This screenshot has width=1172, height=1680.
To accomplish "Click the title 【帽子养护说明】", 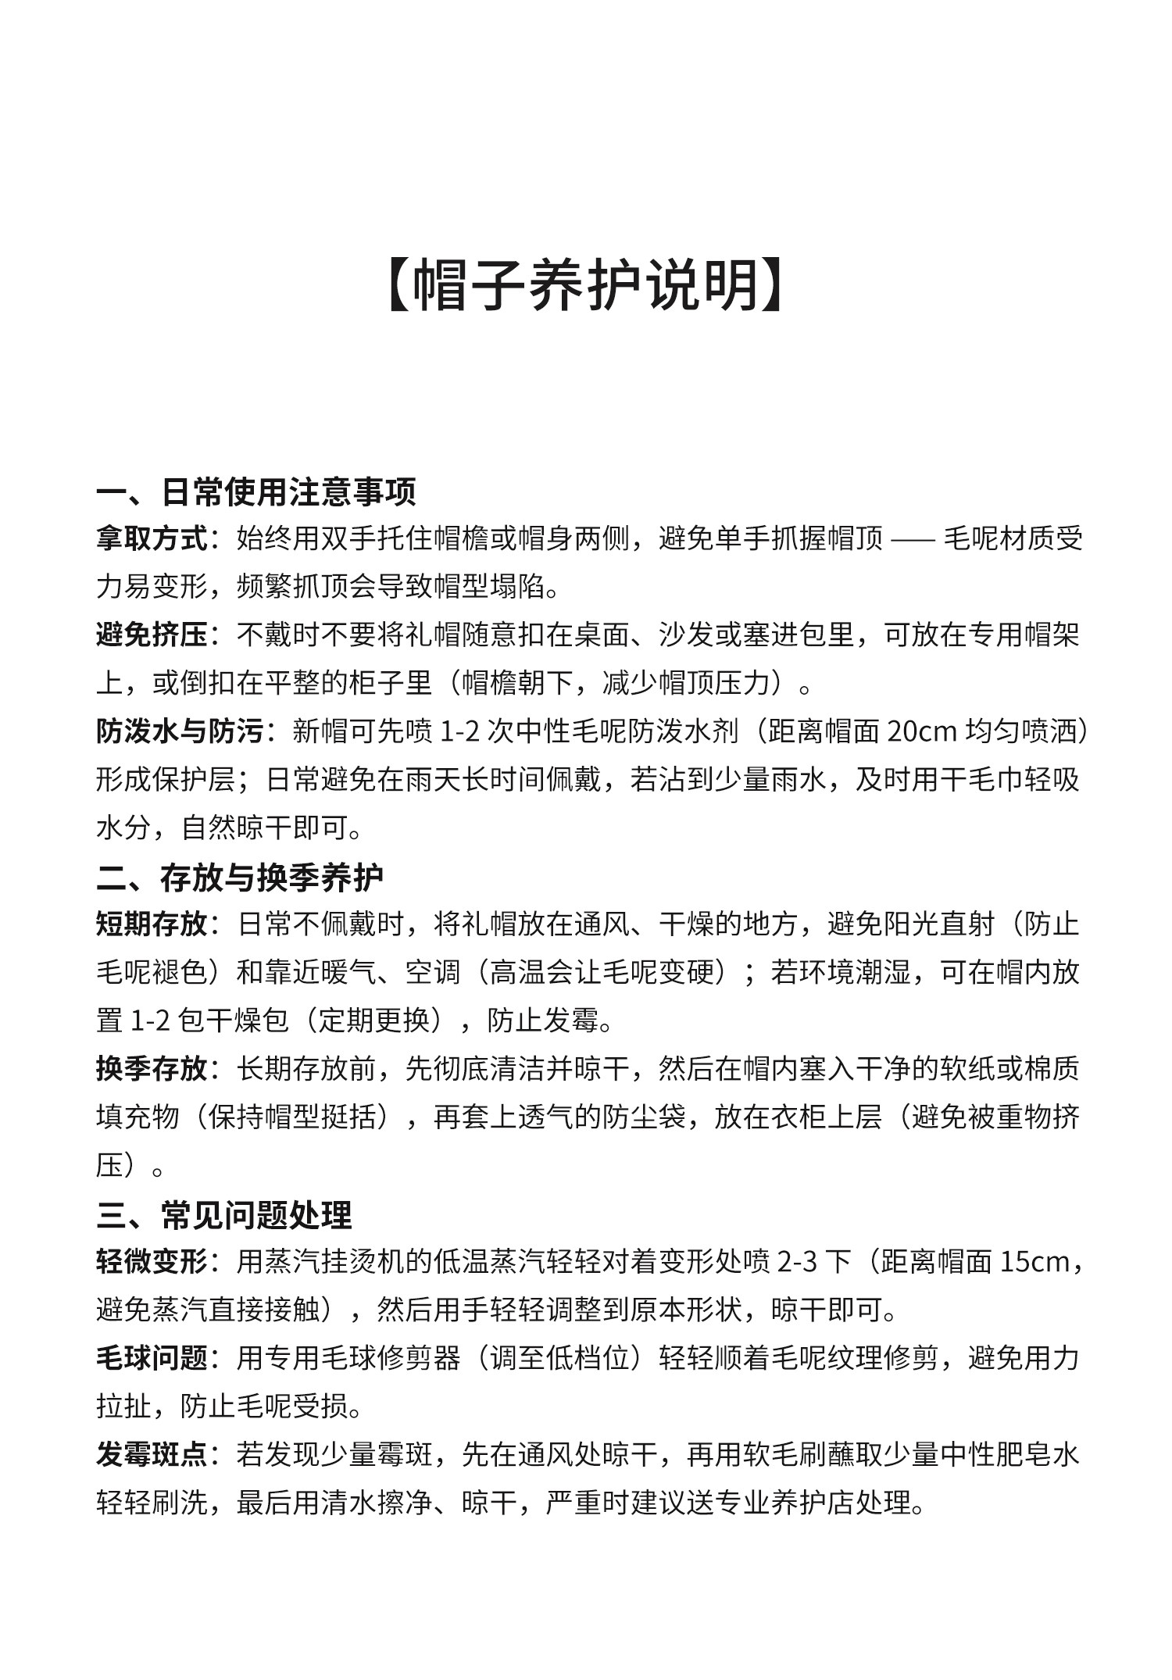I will pos(585,285).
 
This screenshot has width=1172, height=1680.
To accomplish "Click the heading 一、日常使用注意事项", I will pos(256,491).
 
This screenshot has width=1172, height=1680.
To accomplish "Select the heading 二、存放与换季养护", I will pos(240,878).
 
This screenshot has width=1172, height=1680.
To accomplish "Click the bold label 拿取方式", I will pos(152,539).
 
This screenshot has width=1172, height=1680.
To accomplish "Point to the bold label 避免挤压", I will pos(152,635).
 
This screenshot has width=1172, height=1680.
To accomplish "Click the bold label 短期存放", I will pos(152,925).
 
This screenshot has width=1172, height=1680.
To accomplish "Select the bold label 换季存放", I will pos(152,1070).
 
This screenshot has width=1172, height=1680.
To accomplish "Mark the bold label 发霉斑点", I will pos(152,1455).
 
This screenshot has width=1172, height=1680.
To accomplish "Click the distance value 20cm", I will pos(922,732).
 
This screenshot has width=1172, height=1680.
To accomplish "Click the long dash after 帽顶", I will pos(913,539).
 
